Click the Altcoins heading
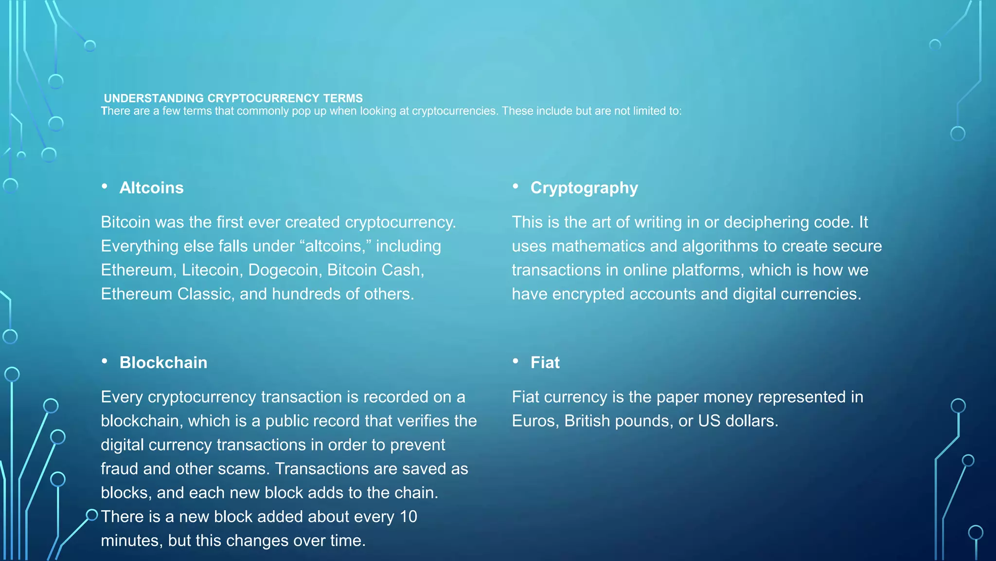coord(151,188)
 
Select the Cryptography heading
coord(584,188)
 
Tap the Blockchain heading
coord(163,363)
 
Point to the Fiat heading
coord(545,363)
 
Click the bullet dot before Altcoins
coord(105,186)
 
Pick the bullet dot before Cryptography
coord(516,186)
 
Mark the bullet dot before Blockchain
coord(105,361)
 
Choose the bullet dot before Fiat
coord(516,361)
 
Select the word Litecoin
coord(211,270)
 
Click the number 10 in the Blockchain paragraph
coord(408,517)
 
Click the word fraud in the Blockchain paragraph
coord(120,469)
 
